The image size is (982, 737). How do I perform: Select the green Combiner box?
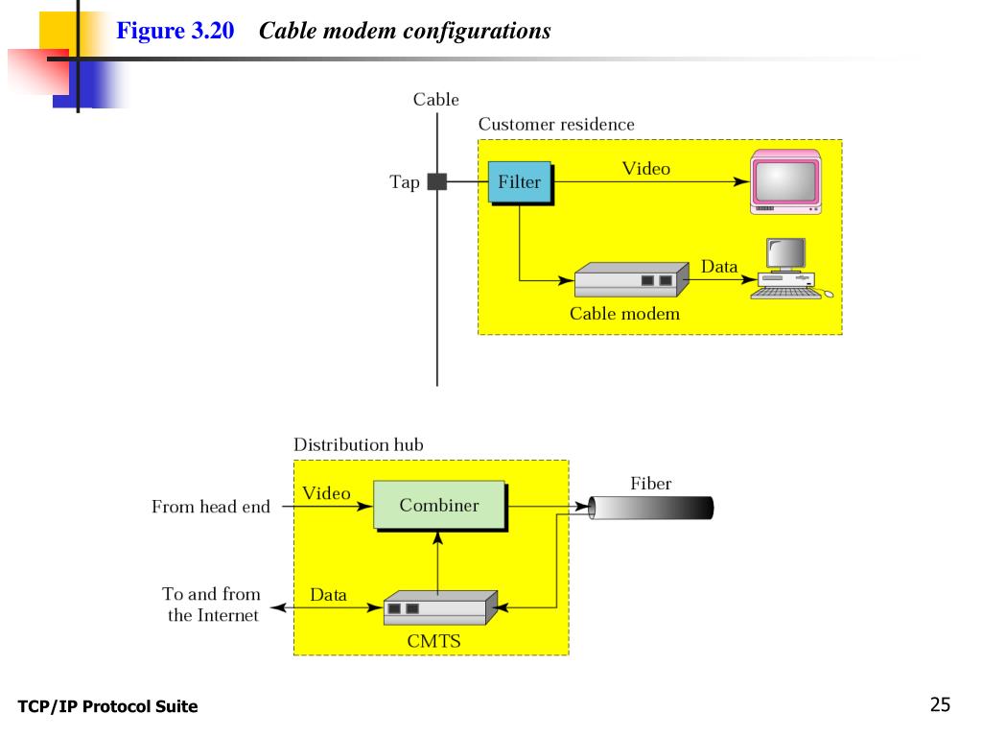[x=439, y=506]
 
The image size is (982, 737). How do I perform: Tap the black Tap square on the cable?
[x=437, y=181]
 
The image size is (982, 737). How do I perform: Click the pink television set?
[x=786, y=181]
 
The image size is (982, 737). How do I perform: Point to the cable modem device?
[x=631, y=279]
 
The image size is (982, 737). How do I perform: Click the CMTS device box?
[x=440, y=607]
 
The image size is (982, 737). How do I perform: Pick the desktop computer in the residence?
[x=790, y=269]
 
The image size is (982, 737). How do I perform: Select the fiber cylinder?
[x=651, y=508]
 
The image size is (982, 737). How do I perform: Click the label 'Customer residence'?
[x=556, y=124]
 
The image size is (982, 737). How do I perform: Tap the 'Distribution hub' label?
[x=359, y=444]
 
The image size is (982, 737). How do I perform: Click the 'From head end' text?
[x=210, y=507]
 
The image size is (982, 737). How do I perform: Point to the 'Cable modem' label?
[x=624, y=314]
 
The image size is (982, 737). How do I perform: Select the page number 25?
[x=940, y=704]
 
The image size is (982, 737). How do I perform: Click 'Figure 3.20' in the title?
[x=175, y=31]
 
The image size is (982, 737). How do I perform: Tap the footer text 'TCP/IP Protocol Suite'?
[x=107, y=706]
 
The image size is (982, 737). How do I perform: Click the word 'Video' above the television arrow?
[x=646, y=169]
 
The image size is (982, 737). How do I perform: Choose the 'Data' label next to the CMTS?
[x=328, y=595]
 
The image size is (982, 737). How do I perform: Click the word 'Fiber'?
[x=651, y=484]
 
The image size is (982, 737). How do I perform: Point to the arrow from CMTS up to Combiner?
[x=437, y=562]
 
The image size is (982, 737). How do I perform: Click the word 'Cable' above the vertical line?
[x=436, y=100]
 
